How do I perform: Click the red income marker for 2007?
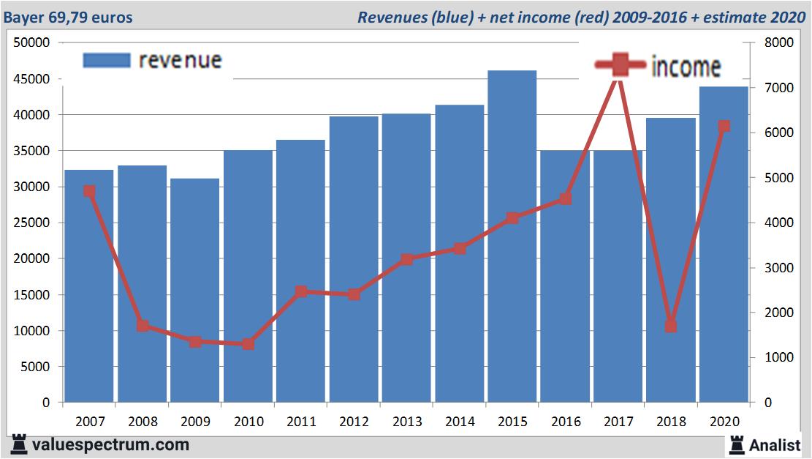tap(89, 191)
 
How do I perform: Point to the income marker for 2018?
tap(671, 326)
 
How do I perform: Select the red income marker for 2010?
tap(248, 344)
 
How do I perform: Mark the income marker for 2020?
tap(724, 126)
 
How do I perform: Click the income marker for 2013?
tap(406, 259)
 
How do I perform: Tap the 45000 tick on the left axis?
tap(32, 78)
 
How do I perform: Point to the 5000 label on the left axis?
tap(35, 367)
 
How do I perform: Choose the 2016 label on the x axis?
tap(566, 422)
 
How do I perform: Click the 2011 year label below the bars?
tap(300, 422)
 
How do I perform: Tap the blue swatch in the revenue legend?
tap(107, 60)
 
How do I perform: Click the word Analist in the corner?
tap(775, 444)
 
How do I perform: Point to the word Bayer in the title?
tap(21, 16)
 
